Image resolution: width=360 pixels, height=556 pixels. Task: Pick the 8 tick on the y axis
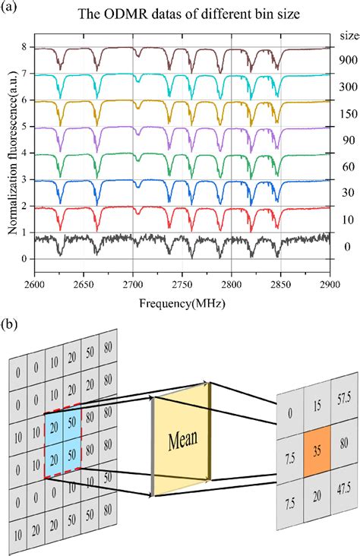25,47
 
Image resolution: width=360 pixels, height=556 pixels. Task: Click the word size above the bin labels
346,34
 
